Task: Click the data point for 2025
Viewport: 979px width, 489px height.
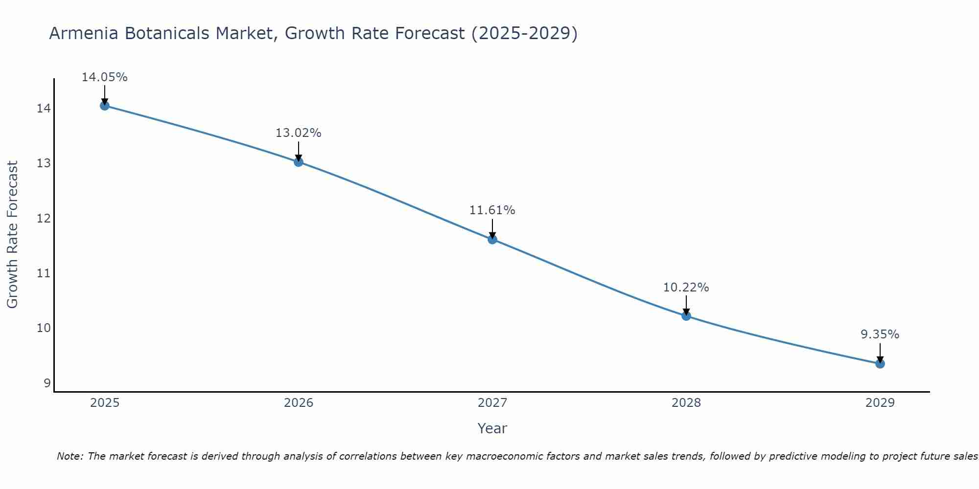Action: pos(104,106)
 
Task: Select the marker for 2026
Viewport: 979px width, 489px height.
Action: pos(299,162)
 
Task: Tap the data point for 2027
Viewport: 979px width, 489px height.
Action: pos(492,239)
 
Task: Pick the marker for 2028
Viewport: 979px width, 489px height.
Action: pos(686,316)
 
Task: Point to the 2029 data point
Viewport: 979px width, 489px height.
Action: pos(880,363)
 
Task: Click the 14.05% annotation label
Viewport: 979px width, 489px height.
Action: pos(104,77)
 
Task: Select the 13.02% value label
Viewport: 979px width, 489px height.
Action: pos(298,133)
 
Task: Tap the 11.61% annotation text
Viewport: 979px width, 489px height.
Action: pos(492,210)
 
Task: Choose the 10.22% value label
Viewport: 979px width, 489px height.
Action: pos(686,288)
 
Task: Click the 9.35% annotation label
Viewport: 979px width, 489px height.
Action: pos(880,334)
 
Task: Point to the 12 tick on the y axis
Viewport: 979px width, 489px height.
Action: pos(44,218)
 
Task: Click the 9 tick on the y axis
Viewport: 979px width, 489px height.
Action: pos(47,383)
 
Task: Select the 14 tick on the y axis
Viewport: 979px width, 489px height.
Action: pos(44,109)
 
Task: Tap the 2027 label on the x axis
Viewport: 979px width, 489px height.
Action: pos(492,403)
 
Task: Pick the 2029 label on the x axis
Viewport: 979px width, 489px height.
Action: pos(880,403)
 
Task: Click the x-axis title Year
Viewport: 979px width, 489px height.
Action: pos(492,428)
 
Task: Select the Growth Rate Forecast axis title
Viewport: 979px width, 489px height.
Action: pos(12,235)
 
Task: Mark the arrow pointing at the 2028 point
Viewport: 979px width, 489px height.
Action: pos(686,304)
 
